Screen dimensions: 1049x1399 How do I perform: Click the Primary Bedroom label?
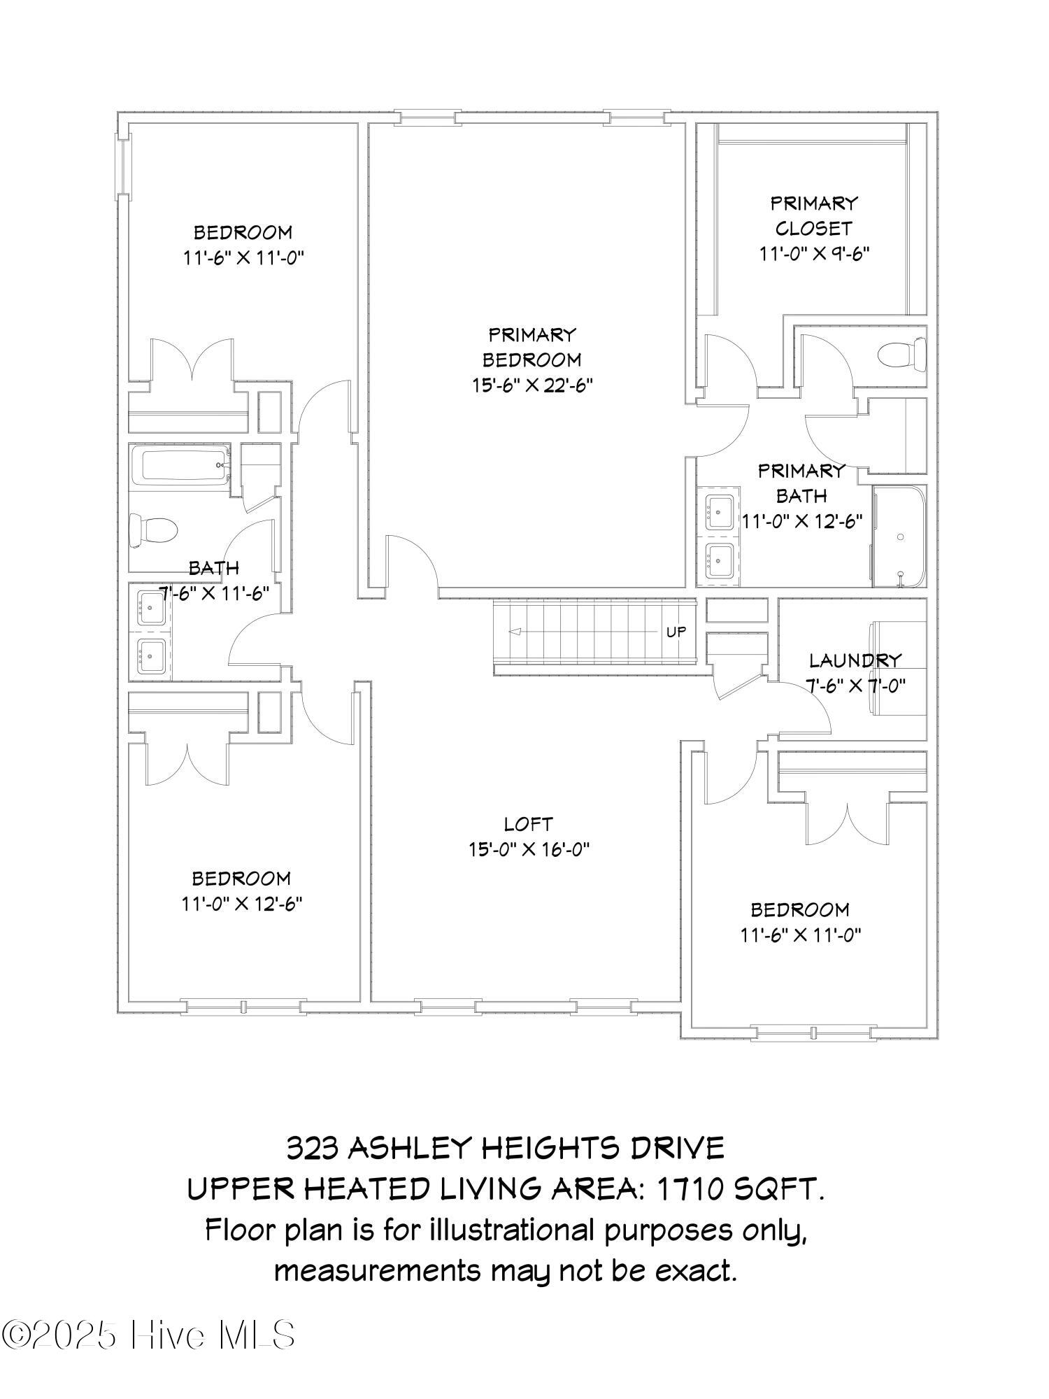click(x=531, y=347)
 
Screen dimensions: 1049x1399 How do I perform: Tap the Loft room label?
click(x=529, y=825)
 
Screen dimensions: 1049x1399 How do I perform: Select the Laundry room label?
click(x=855, y=660)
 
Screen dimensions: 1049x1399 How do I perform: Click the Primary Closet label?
click(x=814, y=215)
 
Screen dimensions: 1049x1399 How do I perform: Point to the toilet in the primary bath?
click(x=902, y=354)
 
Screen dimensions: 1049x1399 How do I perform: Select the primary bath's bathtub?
click(x=899, y=537)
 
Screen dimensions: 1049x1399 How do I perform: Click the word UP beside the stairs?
click(x=676, y=632)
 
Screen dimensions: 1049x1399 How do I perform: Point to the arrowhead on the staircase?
click(x=515, y=632)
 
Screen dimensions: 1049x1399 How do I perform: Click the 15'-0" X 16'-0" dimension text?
click(x=529, y=850)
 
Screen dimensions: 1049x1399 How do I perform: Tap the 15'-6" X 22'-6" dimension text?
click(x=532, y=385)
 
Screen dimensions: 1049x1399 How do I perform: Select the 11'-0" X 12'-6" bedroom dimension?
click(x=242, y=904)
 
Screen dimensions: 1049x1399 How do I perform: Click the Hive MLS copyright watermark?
click(x=148, y=1335)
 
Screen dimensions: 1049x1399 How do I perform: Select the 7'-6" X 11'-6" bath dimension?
click(x=215, y=594)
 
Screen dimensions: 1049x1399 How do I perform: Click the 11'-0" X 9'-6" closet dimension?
click(x=815, y=253)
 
